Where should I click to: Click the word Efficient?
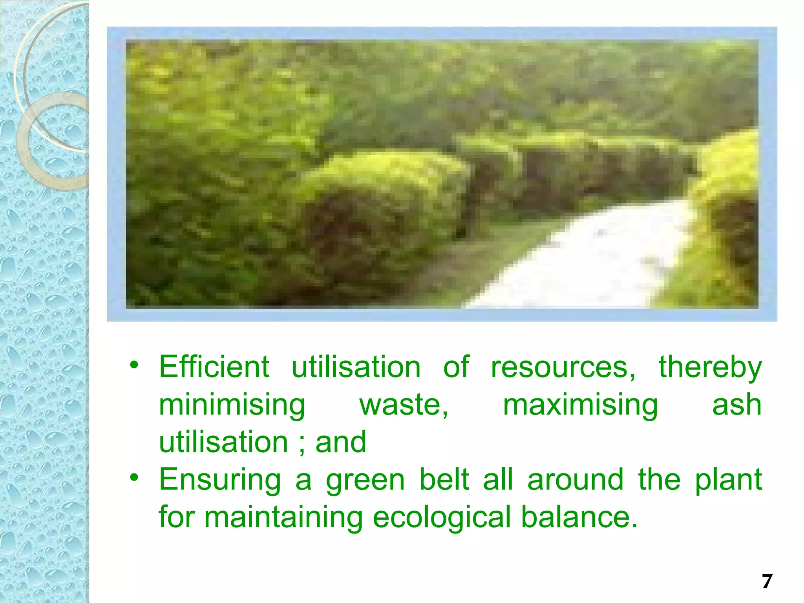214,367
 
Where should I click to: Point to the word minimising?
232,405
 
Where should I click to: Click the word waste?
403,405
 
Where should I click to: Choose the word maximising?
580,405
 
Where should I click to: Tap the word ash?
737,405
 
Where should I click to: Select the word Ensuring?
220,480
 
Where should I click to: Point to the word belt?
444,479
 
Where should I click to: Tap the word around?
575,480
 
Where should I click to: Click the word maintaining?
283,517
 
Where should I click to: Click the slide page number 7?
767,581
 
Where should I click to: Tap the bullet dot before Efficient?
134,365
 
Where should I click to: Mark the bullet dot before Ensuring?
134,477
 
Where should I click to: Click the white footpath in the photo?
589,259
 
